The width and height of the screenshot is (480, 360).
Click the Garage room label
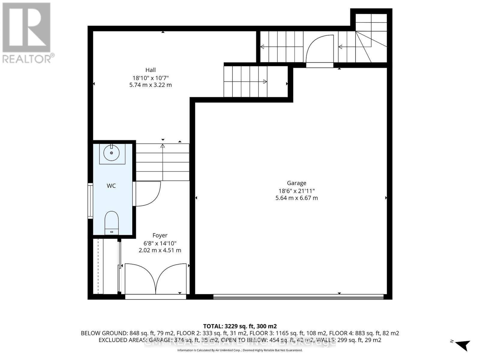(x=296, y=183)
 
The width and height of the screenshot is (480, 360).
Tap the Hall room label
(x=150, y=70)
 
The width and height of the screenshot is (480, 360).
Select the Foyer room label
(x=160, y=235)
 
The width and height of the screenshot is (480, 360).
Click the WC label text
(x=111, y=186)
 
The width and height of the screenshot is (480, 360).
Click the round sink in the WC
(x=112, y=153)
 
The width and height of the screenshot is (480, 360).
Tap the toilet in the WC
(x=112, y=222)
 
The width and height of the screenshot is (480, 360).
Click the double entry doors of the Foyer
(x=155, y=279)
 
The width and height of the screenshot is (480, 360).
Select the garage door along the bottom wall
(x=298, y=297)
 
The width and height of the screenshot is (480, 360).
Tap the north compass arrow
(x=463, y=345)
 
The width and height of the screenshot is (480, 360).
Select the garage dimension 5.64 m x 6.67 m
(x=296, y=198)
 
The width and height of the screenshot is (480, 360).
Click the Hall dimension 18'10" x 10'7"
(x=150, y=78)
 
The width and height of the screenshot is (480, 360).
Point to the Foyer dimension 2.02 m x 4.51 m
(x=160, y=250)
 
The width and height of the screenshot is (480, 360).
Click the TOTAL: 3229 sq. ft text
(x=240, y=326)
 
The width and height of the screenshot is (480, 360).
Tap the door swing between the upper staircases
(x=320, y=48)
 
